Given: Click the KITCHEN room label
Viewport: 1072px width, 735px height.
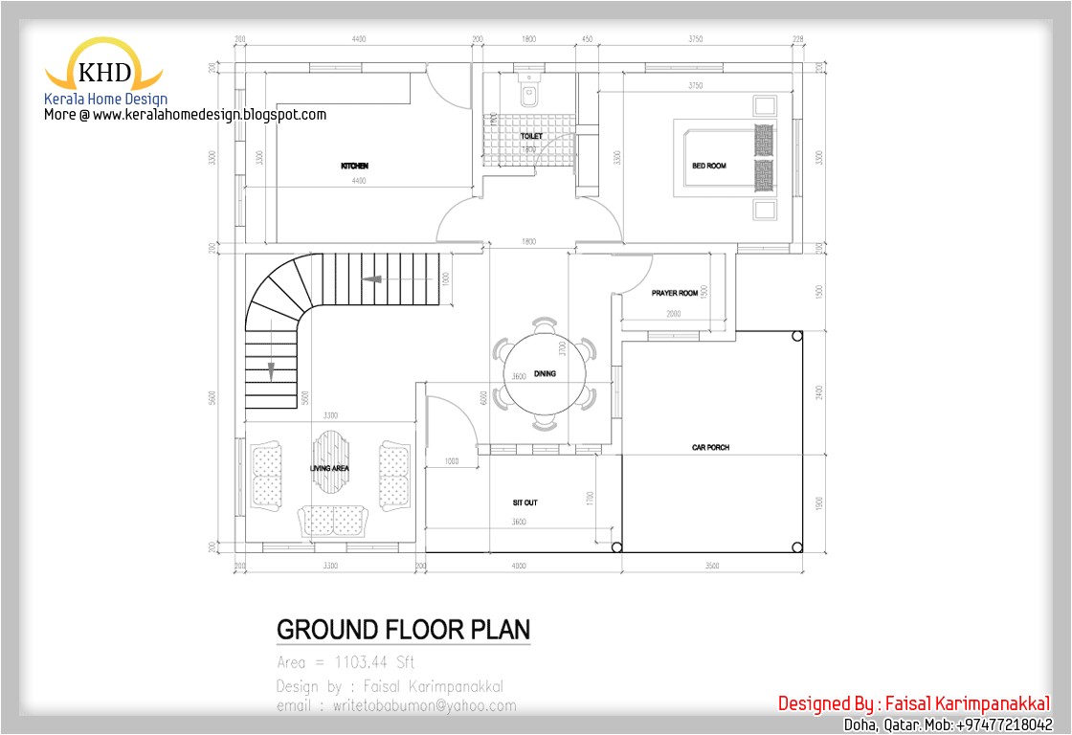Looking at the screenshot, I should tap(354, 167).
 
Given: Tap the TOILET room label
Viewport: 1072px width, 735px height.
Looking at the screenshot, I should tap(531, 137).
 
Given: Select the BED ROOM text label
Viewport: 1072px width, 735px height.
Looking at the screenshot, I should tap(709, 167).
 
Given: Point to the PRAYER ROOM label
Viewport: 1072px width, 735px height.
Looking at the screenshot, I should tap(675, 293).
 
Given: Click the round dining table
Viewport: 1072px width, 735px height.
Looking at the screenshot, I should tap(543, 374).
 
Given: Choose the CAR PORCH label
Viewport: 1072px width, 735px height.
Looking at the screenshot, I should tap(711, 448).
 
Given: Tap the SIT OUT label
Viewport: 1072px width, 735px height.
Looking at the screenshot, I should tap(525, 502).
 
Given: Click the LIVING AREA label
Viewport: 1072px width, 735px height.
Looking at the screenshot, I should tap(329, 469).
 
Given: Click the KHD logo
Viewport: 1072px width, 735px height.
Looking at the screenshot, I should tap(104, 72).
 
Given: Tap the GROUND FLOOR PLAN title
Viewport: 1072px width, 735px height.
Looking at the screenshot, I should tap(403, 630).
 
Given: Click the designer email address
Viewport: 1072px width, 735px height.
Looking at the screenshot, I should tap(395, 706).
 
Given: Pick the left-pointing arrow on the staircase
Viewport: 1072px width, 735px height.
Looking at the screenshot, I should tap(372, 279).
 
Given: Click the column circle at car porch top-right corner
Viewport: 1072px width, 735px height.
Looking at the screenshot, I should tap(796, 335).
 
